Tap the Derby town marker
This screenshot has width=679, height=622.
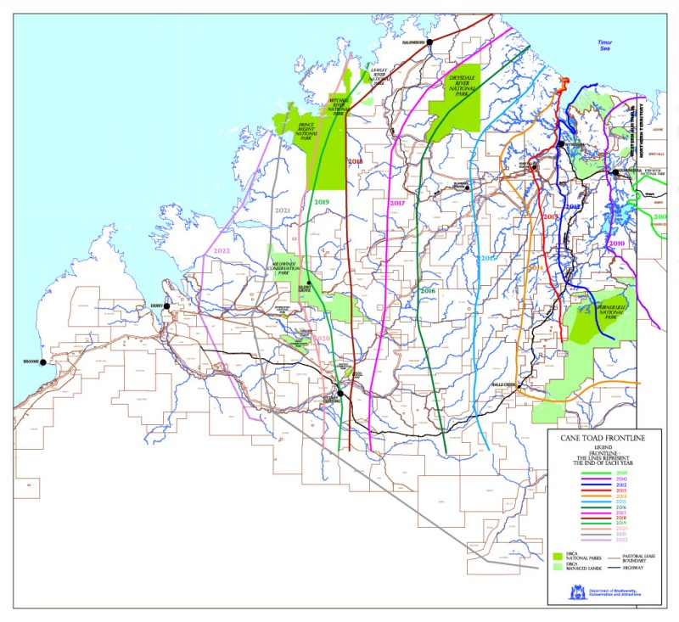(x=167, y=306)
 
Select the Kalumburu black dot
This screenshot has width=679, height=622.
(x=429, y=42)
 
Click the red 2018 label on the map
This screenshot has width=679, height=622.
(x=355, y=161)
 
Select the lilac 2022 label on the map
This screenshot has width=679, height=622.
(x=222, y=251)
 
